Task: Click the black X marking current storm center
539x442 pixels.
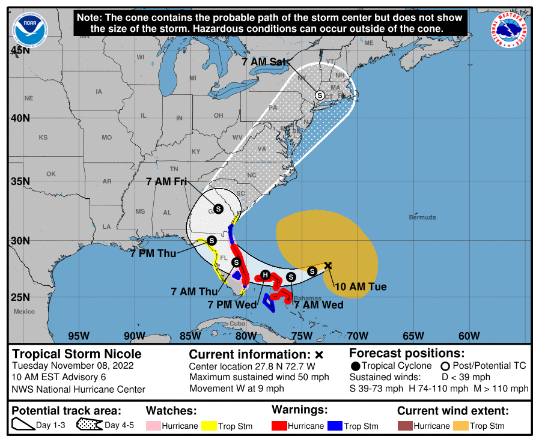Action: (328, 265)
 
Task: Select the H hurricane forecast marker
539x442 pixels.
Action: (264, 275)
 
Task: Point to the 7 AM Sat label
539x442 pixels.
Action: (265, 62)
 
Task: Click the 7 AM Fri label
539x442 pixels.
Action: (167, 180)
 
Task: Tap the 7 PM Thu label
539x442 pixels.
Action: (153, 253)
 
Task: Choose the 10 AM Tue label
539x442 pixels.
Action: (361, 286)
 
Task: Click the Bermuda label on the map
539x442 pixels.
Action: (422, 217)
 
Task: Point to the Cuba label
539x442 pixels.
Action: (237, 324)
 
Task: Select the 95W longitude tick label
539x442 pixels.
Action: (79, 336)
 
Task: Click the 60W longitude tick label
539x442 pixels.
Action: (469, 336)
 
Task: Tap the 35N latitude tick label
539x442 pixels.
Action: (20, 181)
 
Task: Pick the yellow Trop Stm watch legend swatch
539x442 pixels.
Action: (209, 426)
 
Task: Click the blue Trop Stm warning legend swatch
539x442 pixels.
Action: (335, 426)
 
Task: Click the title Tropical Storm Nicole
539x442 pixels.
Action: (78, 354)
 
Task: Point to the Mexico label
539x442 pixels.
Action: (25, 311)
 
